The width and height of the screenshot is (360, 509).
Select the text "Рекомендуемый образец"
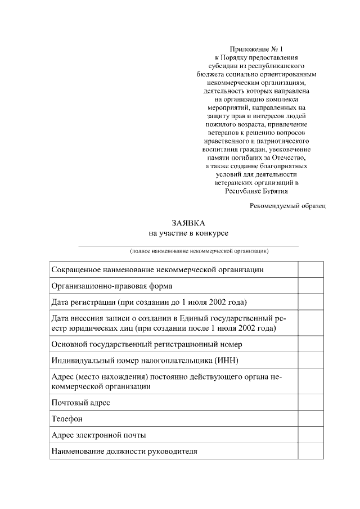pyautogui.click(x=287, y=205)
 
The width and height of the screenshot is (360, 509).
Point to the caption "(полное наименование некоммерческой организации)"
pyautogui.click(x=199, y=251)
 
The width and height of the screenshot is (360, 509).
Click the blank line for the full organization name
pyautogui.click(x=188, y=245)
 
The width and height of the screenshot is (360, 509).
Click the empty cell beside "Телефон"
pyautogui.click(x=310, y=419)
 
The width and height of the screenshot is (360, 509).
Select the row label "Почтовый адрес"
pyautogui.click(x=81, y=403)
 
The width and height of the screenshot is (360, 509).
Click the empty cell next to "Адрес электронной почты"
pyautogui.click(x=310, y=435)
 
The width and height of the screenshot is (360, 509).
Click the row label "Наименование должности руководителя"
pyautogui.click(x=124, y=451)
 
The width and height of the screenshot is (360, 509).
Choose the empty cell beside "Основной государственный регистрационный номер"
pyautogui.click(x=310, y=344)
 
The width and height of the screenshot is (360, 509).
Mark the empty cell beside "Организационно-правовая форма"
pyautogui.click(x=310, y=286)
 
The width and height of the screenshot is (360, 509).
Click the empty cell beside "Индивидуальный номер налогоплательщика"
pyautogui.click(x=310, y=360)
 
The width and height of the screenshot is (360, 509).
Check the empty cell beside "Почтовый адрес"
pyautogui.click(x=310, y=403)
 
